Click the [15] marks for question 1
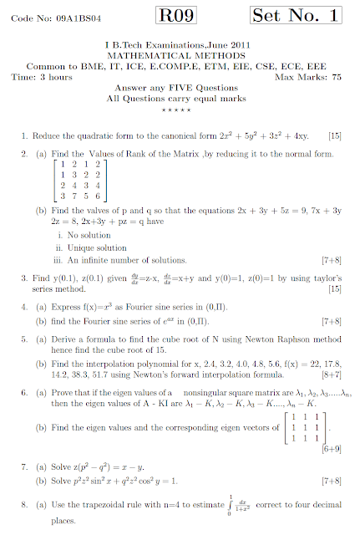[334, 135]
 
